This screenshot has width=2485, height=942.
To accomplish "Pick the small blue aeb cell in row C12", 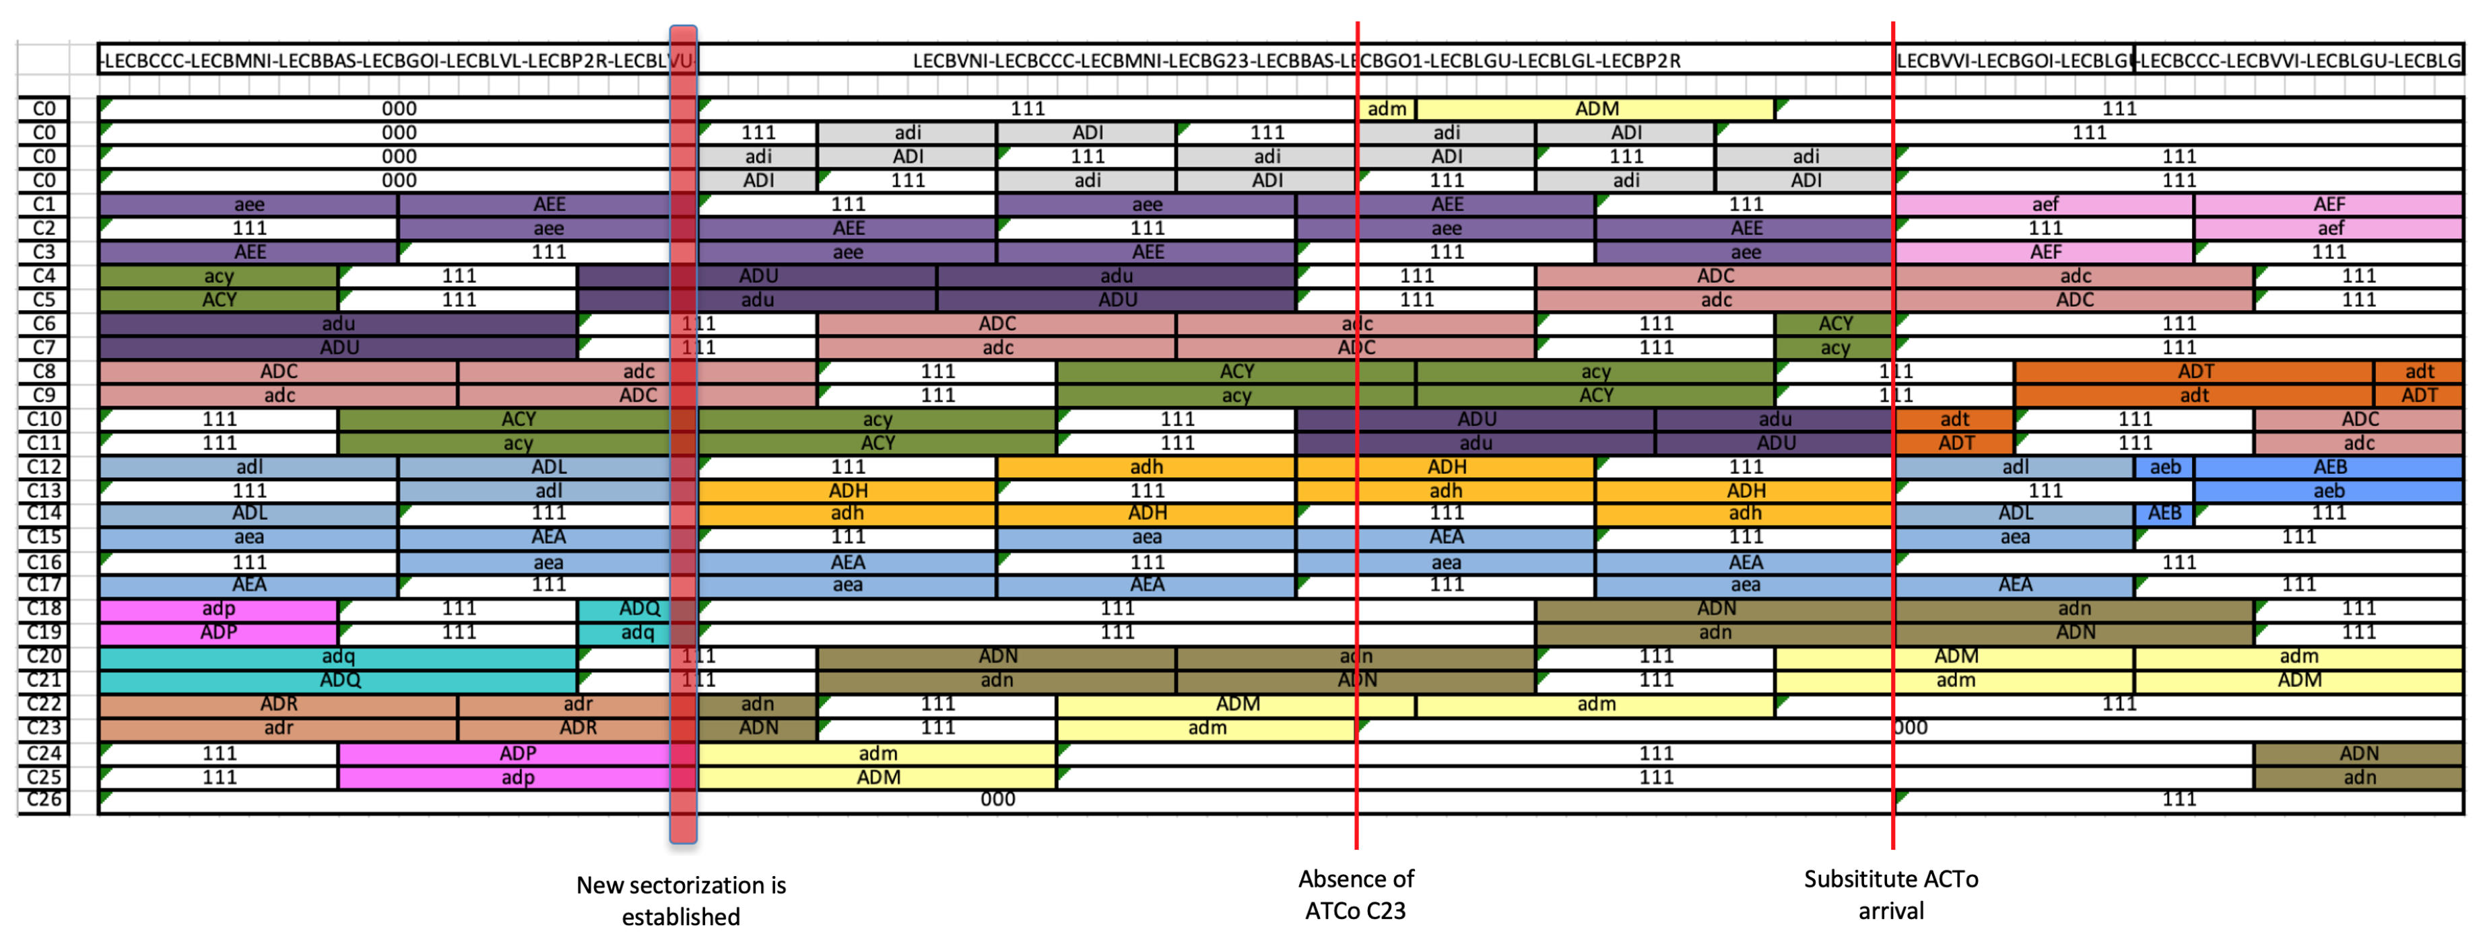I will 2164,467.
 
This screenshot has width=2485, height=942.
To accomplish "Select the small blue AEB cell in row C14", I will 2164,513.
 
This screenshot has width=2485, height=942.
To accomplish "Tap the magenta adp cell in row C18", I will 218,608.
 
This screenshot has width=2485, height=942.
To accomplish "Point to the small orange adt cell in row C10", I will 1954,419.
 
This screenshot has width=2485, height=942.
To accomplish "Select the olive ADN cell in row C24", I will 2358,753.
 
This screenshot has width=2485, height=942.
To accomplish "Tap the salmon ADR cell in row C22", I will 278,704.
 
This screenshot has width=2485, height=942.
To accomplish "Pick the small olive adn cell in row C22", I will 757,704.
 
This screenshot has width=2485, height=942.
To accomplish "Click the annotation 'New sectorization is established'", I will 681,900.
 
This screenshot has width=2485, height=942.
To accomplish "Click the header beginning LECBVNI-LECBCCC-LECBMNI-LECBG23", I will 1296,61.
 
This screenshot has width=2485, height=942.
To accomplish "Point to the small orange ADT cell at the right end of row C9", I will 2418,396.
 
